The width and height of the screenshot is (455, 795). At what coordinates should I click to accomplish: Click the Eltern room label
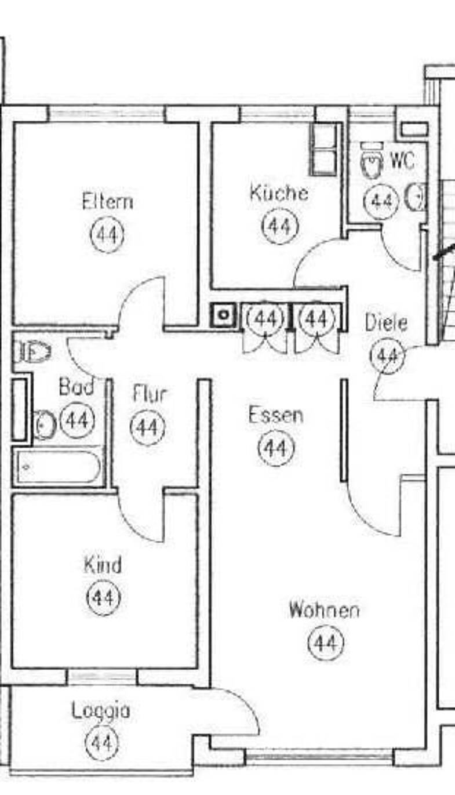click(107, 202)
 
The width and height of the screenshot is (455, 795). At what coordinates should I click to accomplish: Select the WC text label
click(402, 161)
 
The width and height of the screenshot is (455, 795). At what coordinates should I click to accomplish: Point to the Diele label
click(386, 322)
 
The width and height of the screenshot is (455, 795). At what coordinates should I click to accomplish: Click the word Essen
click(276, 415)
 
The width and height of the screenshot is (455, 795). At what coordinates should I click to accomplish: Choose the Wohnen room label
click(324, 610)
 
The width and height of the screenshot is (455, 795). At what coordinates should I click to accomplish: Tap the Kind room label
click(103, 564)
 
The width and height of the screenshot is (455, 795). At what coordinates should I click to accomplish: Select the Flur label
click(150, 394)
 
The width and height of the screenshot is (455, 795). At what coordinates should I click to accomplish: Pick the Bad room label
click(77, 386)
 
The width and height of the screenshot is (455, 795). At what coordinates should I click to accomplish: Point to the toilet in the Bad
click(32, 351)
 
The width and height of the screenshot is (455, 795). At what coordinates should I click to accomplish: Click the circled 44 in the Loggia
click(103, 743)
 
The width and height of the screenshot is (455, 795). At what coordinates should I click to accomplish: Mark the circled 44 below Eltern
click(108, 235)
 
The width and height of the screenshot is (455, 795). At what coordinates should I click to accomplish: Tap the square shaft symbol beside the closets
click(223, 315)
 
